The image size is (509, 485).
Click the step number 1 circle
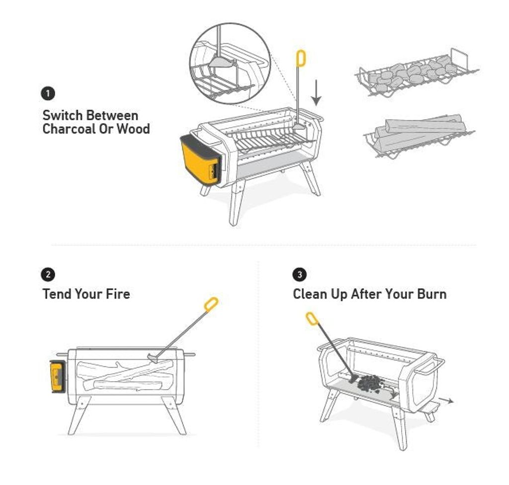(48, 94)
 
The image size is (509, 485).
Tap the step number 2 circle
(48, 275)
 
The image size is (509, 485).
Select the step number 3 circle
(299, 275)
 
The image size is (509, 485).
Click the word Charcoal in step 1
(69, 129)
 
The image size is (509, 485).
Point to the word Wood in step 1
(133, 129)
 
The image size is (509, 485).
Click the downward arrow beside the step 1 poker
(316, 93)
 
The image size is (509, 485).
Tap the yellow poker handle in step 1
(301, 59)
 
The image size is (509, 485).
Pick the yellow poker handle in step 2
(211, 305)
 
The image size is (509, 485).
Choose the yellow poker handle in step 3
(311, 319)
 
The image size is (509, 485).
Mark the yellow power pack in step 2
(58, 376)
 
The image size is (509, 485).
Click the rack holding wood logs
(419, 136)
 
